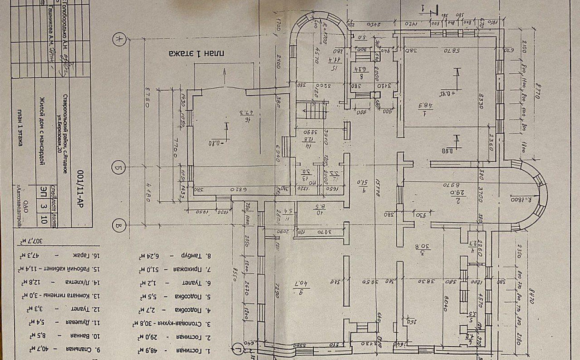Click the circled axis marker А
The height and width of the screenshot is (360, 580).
pos(119,39)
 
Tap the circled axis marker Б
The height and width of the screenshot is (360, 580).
pos(119,167)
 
